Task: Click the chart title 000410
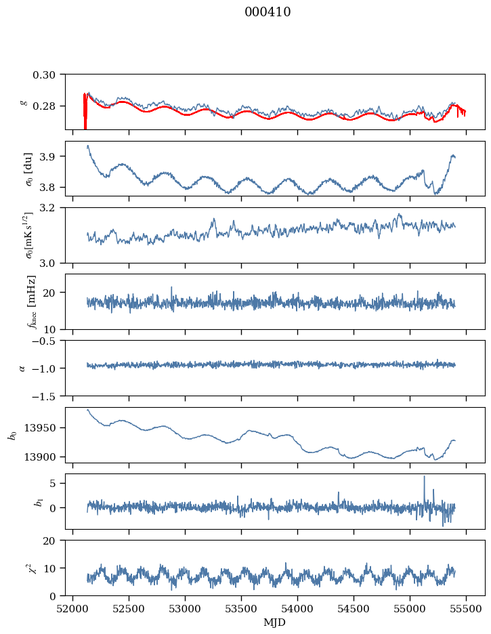(x=268, y=12)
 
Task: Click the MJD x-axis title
(x=275, y=622)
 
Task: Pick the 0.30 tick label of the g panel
(x=48, y=74)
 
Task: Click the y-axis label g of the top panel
(x=24, y=102)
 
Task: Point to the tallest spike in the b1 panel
(x=425, y=477)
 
